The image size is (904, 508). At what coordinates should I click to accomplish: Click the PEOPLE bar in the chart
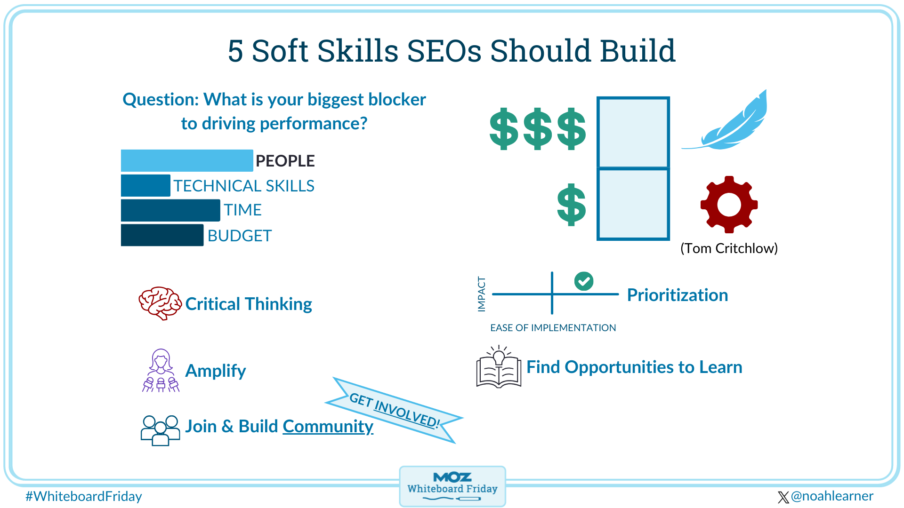click(x=186, y=160)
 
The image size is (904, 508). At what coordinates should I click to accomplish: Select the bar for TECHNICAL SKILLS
click(x=145, y=185)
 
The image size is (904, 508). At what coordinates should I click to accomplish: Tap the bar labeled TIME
click(x=170, y=210)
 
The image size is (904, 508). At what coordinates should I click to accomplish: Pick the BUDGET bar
click(x=162, y=235)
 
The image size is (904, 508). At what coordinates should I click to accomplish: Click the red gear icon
click(x=729, y=205)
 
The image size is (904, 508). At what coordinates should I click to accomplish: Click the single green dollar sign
click(x=571, y=205)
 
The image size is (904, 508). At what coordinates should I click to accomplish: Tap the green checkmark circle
click(x=584, y=281)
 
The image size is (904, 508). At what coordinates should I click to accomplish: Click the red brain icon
click(x=160, y=303)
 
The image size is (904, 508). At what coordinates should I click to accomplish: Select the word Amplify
click(x=215, y=371)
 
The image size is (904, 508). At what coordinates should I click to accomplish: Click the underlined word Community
click(x=328, y=426)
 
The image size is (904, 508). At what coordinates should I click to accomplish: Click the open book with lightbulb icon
click(x=499, y=368)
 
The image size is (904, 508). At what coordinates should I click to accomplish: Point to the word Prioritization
click(x=677, y=295)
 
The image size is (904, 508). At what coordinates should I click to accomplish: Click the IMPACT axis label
click(x=481, y=294)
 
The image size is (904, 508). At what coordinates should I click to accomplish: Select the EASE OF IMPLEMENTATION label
click(x=553, y=328)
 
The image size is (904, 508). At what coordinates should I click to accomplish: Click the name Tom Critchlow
click(x=729, y=248)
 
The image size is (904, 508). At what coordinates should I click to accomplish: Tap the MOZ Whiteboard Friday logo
click(x=452, y=486)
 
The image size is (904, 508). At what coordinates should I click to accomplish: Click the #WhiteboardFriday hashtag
click(x=84, y=496)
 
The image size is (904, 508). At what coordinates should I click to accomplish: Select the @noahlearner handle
click(x=831, y=496)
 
